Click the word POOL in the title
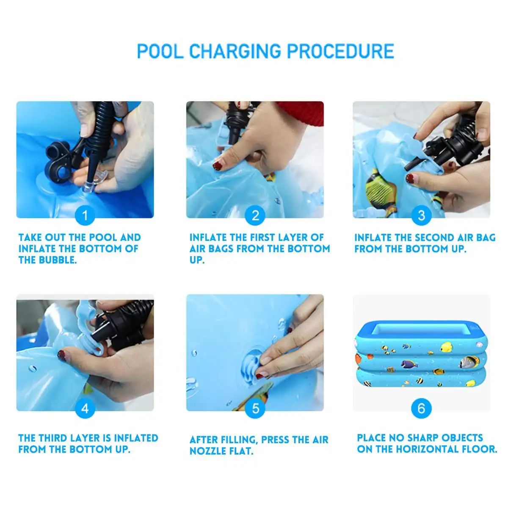click(x=160, y=51)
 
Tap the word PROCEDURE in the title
click(x=341, y=51)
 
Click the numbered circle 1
click(x=85, y=215)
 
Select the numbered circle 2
click(x=255, y=215)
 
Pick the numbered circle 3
click(x=421, y=215)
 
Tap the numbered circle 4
click(x=85, y=409)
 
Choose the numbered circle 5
click(x=255, y=409)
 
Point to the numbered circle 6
click(x=421, y=409)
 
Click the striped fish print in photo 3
click(x=380, y=188)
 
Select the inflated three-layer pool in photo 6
click(x=421, y=354)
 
